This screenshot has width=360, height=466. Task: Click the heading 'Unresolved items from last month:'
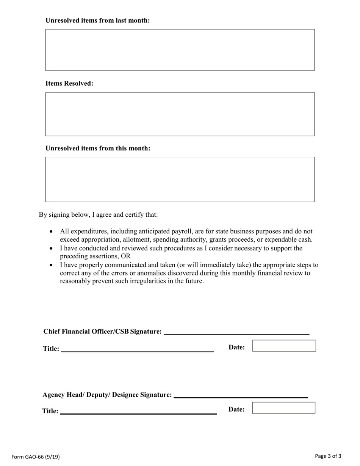(x=98, y=20)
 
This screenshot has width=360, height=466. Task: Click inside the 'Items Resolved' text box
(x=180, y=114)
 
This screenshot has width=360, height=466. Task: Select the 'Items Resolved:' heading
(x=69, y=83)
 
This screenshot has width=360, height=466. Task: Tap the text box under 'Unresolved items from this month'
(x=180, y=179)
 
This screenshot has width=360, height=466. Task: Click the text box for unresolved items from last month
(x=180, y=50)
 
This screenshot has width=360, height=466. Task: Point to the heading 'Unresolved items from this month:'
(x=98, y=148)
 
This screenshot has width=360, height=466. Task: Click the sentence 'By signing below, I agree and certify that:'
(x=99, y=214)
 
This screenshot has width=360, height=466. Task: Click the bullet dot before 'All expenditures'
(x=52, y=231)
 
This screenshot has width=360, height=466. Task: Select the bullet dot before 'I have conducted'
(x=52, y=249)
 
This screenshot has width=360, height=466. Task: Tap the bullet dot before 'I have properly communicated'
(x=52, y=265)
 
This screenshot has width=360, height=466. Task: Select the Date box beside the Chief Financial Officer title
(x=284, y=346)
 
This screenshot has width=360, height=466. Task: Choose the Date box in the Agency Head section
(x=283, y=408)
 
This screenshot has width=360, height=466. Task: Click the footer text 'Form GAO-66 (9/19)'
(x=36, y=457)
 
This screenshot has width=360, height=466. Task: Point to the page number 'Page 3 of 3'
(x=328, y=456)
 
